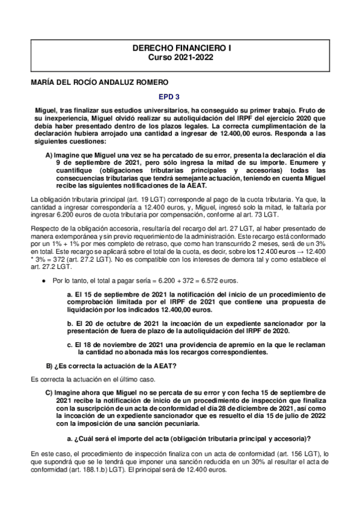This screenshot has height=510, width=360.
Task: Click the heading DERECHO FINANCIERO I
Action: click(180, 47)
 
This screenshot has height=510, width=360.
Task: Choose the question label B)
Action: click(51, 366)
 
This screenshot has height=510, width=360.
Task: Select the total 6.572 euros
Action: click(221, 281)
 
